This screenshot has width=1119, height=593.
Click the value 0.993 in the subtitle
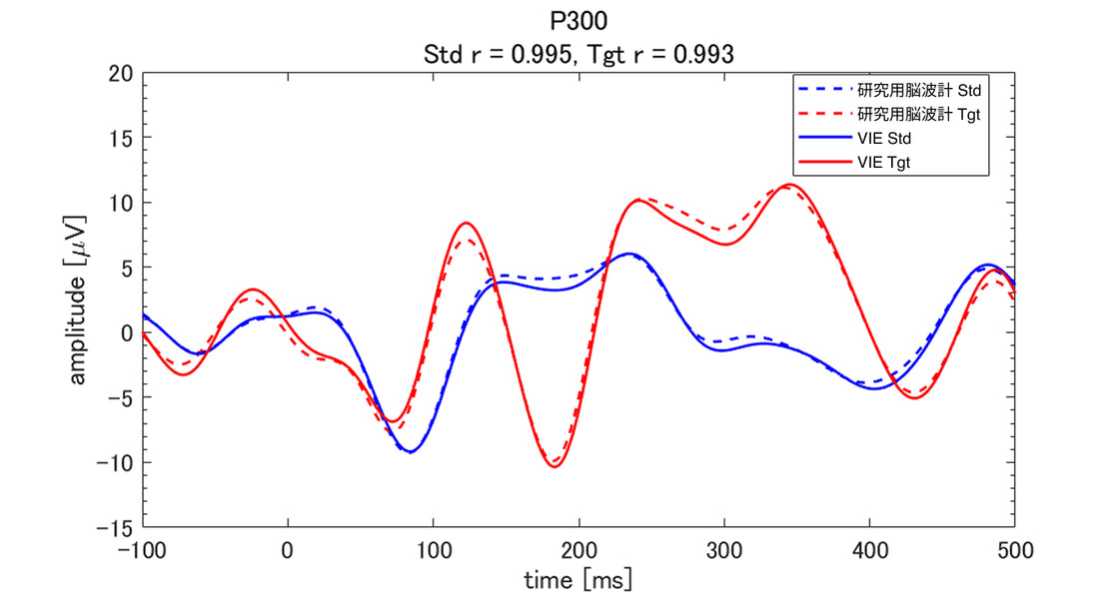click(702, 56)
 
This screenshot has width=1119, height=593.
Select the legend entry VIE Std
click(883, 139)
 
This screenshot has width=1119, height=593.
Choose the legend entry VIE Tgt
click(883, 163)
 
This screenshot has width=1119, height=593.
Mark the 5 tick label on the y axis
click(127, 268)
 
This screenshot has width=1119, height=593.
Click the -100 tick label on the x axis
click(144, 549)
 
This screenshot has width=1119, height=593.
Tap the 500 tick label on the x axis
click(1014, 549)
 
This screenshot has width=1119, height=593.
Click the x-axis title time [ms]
click(578, 578)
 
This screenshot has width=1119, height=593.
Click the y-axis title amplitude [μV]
click(79, 300)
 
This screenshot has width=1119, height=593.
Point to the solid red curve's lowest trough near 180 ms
click(554, 467)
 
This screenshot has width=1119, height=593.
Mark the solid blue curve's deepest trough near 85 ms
click(411, 452)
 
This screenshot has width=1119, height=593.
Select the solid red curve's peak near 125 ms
click(466, 223)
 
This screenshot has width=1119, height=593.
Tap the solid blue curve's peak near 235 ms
click(627, 254)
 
